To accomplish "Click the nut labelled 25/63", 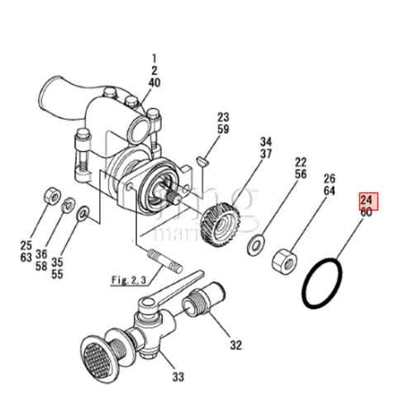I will [x=50, y=195].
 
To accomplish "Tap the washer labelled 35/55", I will [x=83, y=215].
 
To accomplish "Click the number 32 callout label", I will [x=236, y=344].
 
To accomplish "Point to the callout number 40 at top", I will [x=154, y=83].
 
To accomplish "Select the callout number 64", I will [x=329, y=191].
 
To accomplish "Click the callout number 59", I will [x=223, y=129].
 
